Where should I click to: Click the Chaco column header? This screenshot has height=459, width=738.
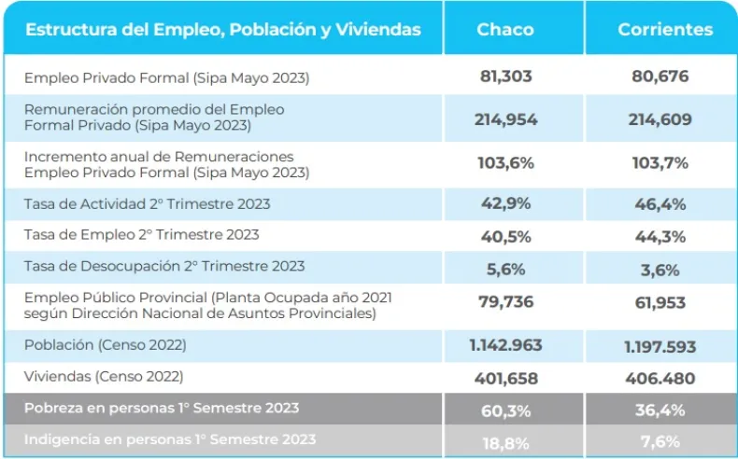point(505,29)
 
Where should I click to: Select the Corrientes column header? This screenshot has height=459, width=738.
point(664,29)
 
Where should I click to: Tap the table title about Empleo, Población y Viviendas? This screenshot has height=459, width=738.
point(222,29)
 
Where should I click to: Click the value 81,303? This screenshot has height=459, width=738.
point(505,76)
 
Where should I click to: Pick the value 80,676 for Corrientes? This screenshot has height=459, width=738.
point(660,76)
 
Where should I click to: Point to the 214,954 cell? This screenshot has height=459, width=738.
point(505,118)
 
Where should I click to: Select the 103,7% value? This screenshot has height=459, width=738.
point(660,162)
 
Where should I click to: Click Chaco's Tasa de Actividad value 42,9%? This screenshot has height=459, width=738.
point(507,204)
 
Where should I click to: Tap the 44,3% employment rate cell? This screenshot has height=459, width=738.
point(660,236)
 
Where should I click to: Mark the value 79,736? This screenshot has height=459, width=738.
point(505,303)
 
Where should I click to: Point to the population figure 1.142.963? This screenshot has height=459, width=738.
point(505,345)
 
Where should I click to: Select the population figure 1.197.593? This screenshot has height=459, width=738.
point(660,346)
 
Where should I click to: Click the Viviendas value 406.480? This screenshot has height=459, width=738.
point(660,379)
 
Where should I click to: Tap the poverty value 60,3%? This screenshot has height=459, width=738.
point(507,410)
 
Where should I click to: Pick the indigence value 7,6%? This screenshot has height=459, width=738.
point(660,440)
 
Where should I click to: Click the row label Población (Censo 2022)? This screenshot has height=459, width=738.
point(106,344)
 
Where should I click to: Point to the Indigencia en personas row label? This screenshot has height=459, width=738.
point(170,439)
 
